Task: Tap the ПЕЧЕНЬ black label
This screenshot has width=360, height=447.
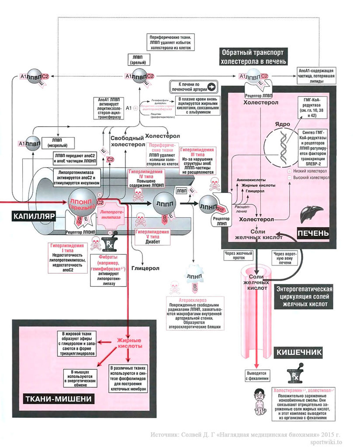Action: click(x=313, y=233)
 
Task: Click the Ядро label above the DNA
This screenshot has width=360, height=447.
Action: click(x=282, y=124)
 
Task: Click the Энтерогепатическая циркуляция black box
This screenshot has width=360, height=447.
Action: click(x=305, y=296)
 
